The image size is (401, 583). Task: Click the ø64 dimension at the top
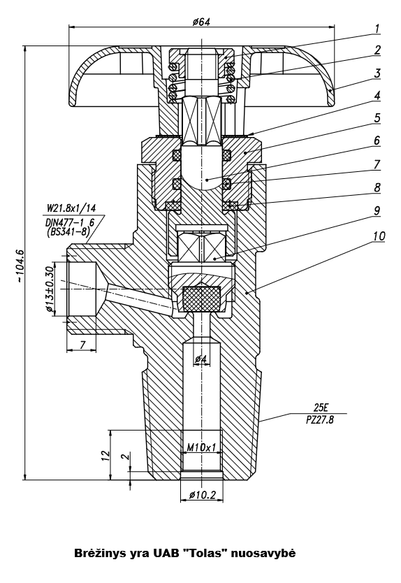[x=201, y=22]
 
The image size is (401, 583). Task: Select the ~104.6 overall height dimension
[x=20, y=266]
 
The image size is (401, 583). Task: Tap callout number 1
[x=377, y=29]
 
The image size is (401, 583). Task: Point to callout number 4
[x=377, y=95]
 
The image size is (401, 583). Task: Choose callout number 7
[x=377, y=164]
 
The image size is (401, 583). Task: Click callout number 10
[x=379, y=236]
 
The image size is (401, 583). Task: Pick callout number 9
[x=377, y=210]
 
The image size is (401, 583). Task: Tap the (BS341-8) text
[x=68, y=232]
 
